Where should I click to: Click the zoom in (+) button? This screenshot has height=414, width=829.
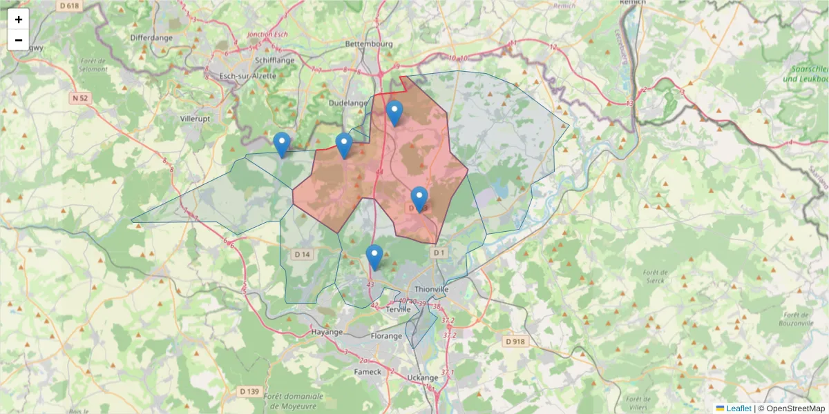tap(19, 19)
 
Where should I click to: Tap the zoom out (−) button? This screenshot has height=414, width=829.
tap(19, 40)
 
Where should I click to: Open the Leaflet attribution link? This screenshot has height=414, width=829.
tap(738, 408)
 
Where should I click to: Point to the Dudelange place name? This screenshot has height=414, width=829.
tap(347, 103)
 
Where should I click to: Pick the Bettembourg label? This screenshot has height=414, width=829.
tap(369, 44)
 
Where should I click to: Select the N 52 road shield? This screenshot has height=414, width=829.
tap(80, 98)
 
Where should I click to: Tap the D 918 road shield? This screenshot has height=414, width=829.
tap(515, 341)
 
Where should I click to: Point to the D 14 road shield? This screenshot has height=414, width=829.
tap(303, 255)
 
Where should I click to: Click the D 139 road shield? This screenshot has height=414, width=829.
tap(249, 391)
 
